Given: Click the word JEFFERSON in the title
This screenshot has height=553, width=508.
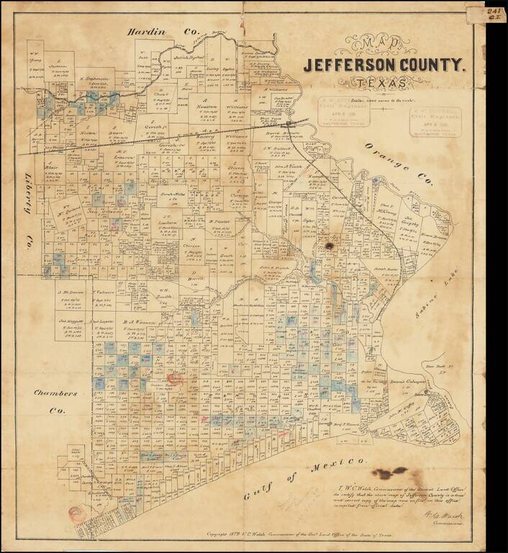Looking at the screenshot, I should [355, 66].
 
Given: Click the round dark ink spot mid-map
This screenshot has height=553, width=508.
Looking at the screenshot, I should [330, 246].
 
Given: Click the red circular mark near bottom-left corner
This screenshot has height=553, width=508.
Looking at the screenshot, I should [76, 513].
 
